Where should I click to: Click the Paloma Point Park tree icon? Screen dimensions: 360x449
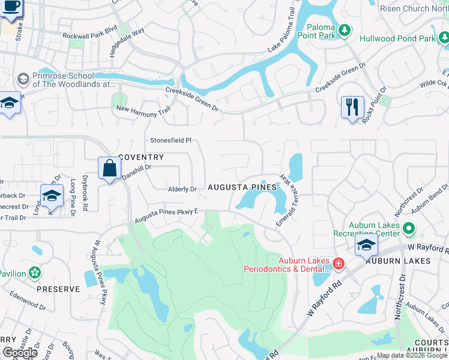tap(345, 31)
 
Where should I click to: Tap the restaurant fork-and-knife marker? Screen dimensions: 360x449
tap(352, 107)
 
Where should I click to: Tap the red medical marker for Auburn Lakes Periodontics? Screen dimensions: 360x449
tap(338, 263)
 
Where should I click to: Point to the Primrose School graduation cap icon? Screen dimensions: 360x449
tap(23, 79)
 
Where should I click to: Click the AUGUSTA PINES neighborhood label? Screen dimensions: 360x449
tap(243, 188)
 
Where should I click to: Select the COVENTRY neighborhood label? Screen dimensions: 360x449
tap(141, 157)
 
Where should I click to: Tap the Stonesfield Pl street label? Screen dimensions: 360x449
tap(170, 140)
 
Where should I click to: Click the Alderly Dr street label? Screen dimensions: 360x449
tap(182, 189)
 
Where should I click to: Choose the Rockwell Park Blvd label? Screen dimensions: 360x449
tap(89, 35)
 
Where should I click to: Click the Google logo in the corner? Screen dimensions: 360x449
tap(20, 353)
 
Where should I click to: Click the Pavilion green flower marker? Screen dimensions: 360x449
tap(35, 273)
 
